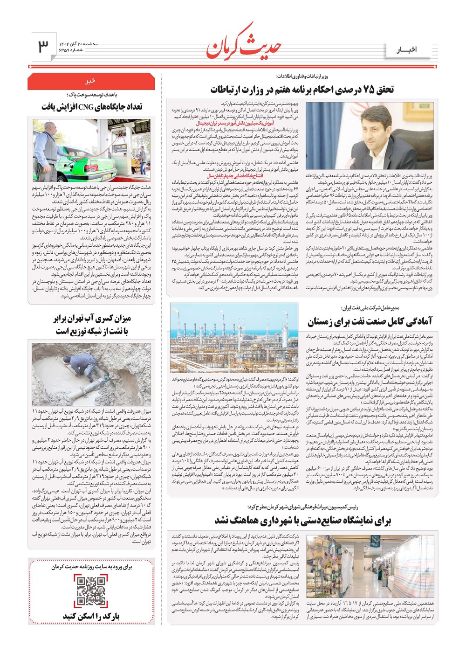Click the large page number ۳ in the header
click(x=43, y=46)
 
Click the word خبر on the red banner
click(x=90, y=81)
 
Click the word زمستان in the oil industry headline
click(x=325, y=321)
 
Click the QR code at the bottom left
click(x=91, y=590)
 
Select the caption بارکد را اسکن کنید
click(x=91, y=617)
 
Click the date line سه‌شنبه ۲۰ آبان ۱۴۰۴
click(x=79, y=43)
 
